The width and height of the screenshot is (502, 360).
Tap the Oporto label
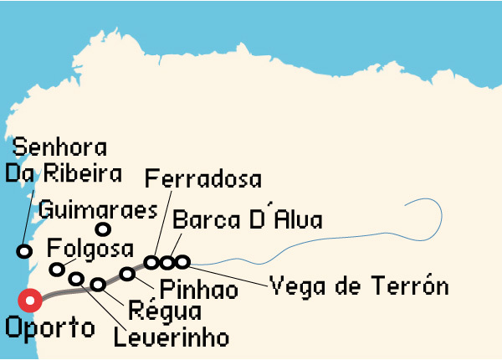[x=50, y=327]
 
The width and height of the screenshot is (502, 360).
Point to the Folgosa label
[x=90, y=249]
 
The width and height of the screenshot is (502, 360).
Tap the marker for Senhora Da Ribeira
[x=25, y=251]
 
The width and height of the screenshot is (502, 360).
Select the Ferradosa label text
[x=203, y=178]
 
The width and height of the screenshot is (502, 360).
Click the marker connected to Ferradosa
[x=151, y=262]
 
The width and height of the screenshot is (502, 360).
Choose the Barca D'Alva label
[x=248, y=220]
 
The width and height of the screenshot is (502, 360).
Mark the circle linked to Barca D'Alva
[x=167, y=262]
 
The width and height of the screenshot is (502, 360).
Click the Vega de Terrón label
[x=360, y=286]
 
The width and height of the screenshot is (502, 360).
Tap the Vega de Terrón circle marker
[x=182, y=262]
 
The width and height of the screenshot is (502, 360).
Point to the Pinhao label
[x=198, y=291]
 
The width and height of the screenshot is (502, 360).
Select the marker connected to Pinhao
[x=127, y=274]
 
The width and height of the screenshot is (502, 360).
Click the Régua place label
[x=166, y=312]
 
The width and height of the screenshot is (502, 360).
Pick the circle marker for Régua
[x=98, y=284]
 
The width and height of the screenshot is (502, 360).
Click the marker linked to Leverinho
[x=76, y=279]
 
